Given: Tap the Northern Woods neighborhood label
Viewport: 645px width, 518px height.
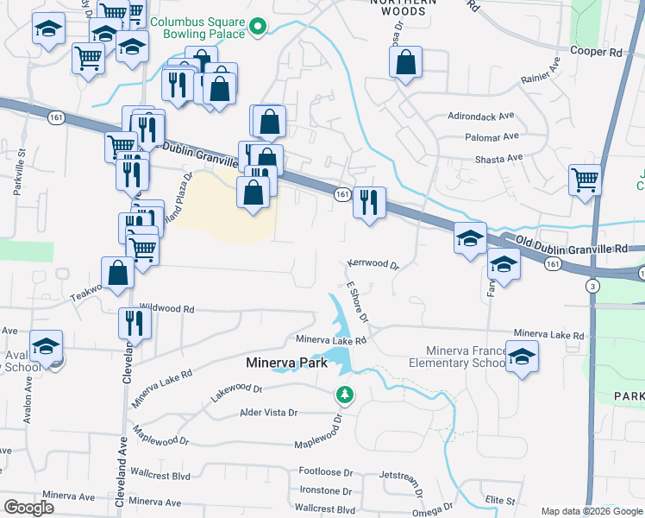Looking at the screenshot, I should tap(398, 8).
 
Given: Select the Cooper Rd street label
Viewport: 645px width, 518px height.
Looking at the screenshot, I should tap(596, 52).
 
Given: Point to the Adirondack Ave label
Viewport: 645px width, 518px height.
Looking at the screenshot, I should tap(485, 115).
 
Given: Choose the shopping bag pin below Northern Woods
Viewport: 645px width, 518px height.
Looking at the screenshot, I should tap(405, 63).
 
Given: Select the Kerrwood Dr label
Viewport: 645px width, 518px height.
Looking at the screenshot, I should tap(374, 264).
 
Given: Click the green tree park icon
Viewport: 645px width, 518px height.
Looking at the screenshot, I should tap(345, 395).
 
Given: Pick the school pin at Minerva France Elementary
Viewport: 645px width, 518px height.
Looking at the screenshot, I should tap(522, 357).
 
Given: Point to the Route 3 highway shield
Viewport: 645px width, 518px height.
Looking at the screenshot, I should tap(592, 286).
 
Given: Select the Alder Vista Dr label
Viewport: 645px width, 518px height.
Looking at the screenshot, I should tap(268, 413).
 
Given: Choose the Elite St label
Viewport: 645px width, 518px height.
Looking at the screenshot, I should tap(499, 500).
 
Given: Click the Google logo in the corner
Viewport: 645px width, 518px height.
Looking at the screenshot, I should tap(28, 508).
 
